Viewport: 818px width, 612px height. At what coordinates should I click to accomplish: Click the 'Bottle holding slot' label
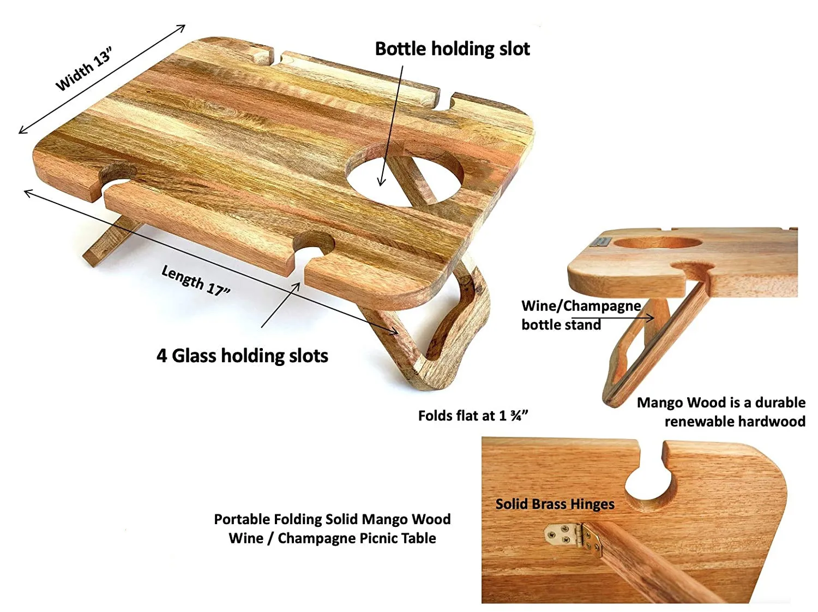[x=452, y=49]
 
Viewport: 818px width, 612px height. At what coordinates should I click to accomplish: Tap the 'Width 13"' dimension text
[x=84, y=69]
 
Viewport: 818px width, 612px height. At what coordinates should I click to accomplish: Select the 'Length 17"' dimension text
[x=196, y=280]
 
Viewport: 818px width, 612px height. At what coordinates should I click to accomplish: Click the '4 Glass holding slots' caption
[x=242, y=356]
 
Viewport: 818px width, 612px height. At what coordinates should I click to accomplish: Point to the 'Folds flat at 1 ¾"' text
[x=473, y=416]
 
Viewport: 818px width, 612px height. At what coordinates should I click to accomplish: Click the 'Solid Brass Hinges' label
[x=555, y=504]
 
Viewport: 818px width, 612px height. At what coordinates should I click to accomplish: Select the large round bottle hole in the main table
[x=405, y=175]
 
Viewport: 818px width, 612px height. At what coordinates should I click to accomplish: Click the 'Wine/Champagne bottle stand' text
[x=581, y=315]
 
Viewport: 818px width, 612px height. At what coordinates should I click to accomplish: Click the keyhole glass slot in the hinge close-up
[x=649, y=479]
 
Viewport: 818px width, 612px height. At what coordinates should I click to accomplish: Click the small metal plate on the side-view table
[x=600, y=241]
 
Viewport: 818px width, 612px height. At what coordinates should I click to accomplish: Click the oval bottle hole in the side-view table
[x=658, y=243]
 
